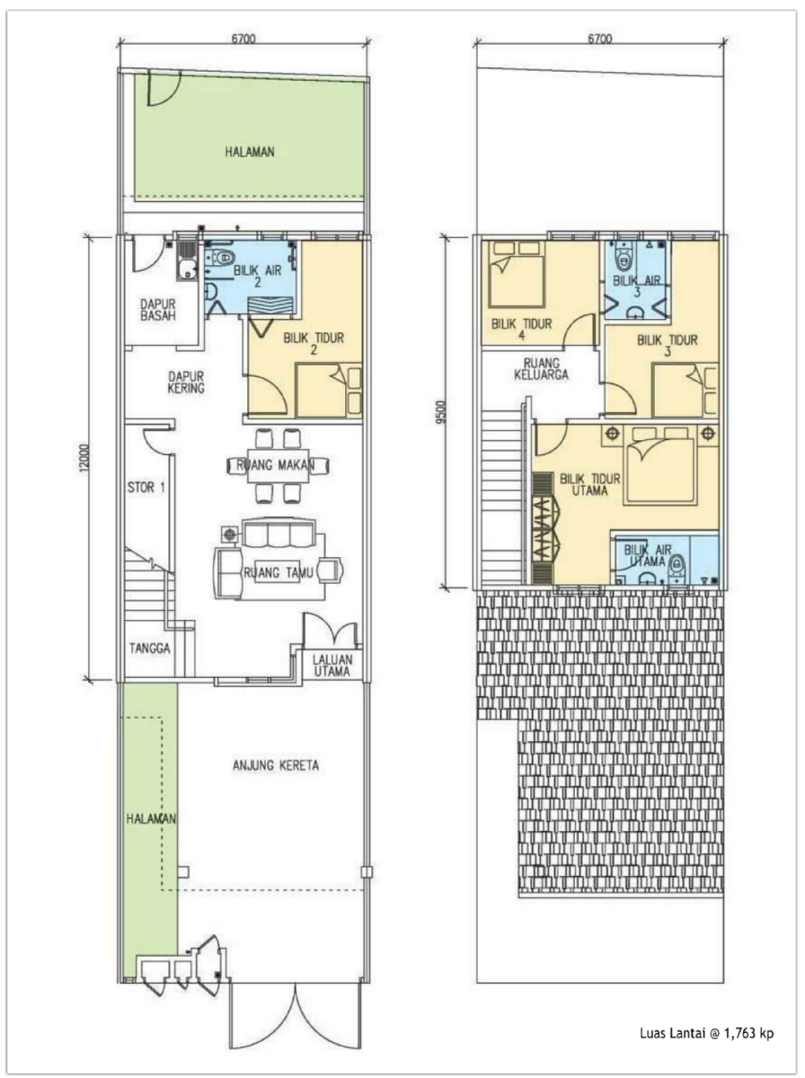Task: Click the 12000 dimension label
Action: pyautogui.click(x=84, y=459)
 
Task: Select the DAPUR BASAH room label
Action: pyautogui.click(x=157, y=309)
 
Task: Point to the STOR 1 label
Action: pyautogui.click(x=146, y=488)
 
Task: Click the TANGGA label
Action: pyautogui.click(x=150, y=649)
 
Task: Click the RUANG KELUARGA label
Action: pyautogui.click(x=541, y=369)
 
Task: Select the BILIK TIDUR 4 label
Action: pyautogui.click(x=522, y=329)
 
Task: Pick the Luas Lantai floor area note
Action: pyautogui.click(x=707, y=1029)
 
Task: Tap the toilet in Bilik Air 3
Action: pyautogui.click(x=623, y=257)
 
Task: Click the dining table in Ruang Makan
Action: pyautogui.click(x=278, y=465)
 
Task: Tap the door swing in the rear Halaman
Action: pyautogui.click(x=161, y=89)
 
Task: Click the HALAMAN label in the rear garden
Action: pyautogui.click(x=250, y=152)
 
